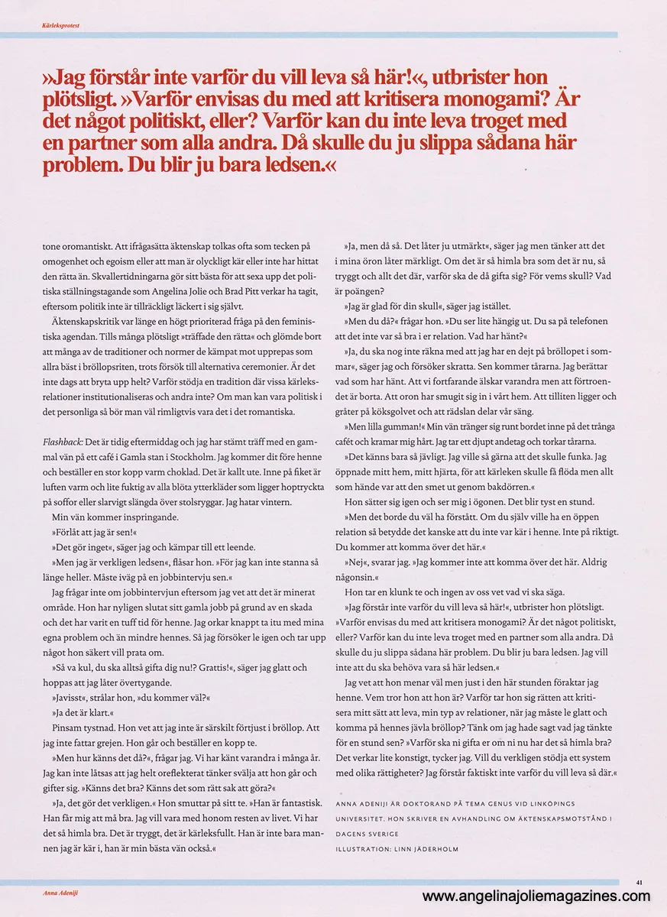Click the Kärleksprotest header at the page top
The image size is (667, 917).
[x=62, y=25]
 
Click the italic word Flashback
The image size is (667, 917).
[x=62, y=442]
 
